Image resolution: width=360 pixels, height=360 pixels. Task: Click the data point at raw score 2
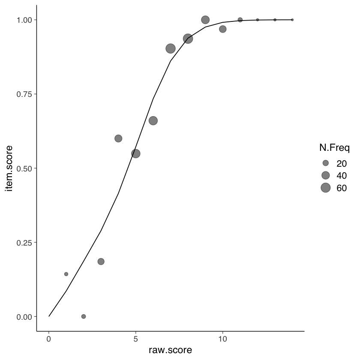pyautogui.click(x=84, y=316)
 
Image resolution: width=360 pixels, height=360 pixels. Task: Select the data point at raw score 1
pyautogui.click(x=66, y=274)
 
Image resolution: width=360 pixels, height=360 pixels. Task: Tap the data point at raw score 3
pyautogui.click(x=101, y=261)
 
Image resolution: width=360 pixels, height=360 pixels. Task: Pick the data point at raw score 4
pyautogui.click(x=118, y=138)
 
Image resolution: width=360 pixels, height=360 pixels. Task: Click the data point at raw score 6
pyautogui.click(x=153, y=121)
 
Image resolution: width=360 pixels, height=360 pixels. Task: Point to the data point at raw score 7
pyautogui.click(x=171, y=48)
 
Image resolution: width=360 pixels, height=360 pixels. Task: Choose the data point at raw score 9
pyautogui.click(x=205, y=20)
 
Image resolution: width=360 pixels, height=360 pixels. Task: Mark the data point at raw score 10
pyautogui.click(x=223, y=29)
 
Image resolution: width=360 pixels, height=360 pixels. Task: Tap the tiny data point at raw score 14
pyautogui.click(x=292, y=20)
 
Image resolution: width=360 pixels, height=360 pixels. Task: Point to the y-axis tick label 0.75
pyautogui.click(x=24, y=94)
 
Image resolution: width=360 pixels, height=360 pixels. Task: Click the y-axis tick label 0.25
pyautogui.click(x=24, y=242)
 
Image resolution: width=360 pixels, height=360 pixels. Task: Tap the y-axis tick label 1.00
pyautogui.click(x=24, y=20)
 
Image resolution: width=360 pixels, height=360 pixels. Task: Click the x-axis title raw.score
pyautogui.click(x=170, y=350)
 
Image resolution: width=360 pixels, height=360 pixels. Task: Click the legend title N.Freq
pyautogui.click(x=334, y=149)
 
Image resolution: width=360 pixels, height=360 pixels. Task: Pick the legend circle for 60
pyautogui.click(x=326, y=187)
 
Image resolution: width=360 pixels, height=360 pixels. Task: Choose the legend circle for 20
pyautogui.click(x=326, y=163)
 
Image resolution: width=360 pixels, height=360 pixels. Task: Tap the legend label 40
pyautogui.click(x=342, y=175)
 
